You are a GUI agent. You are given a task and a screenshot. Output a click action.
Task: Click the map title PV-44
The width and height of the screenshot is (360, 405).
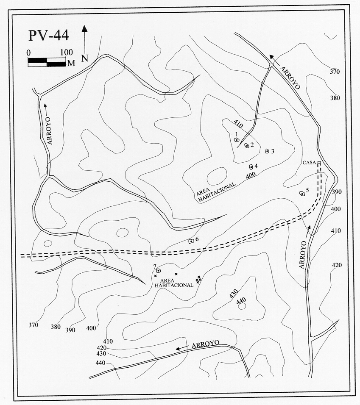coord(48,35)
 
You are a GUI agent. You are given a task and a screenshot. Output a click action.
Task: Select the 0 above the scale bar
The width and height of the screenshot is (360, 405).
coord(29,52)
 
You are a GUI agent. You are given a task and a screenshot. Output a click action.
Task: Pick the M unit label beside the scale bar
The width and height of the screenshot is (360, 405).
coord(71,63)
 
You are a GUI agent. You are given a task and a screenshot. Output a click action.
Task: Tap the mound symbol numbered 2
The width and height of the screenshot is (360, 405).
coord(246,146)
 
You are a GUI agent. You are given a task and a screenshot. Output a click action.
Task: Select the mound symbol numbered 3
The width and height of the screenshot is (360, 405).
coord(267,151)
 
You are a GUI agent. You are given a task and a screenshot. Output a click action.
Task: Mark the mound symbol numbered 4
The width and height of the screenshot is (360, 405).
coord(251,166)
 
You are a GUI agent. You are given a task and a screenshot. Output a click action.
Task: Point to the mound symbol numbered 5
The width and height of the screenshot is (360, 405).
coord(302,194)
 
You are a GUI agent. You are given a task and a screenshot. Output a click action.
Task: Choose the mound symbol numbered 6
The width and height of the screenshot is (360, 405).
coord(191,241)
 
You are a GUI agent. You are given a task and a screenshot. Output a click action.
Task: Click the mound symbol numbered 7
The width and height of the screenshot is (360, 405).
coord(158,270)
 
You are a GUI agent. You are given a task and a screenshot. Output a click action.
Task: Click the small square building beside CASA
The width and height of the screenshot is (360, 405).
coord(319,163)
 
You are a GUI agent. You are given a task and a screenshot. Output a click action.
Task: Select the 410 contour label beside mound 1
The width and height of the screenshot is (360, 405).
coord(238,125)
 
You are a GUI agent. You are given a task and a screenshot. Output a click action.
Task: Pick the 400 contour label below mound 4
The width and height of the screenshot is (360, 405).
coord(251,175)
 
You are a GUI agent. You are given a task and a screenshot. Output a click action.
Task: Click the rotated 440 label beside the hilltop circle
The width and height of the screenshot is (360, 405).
coord(241,300)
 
